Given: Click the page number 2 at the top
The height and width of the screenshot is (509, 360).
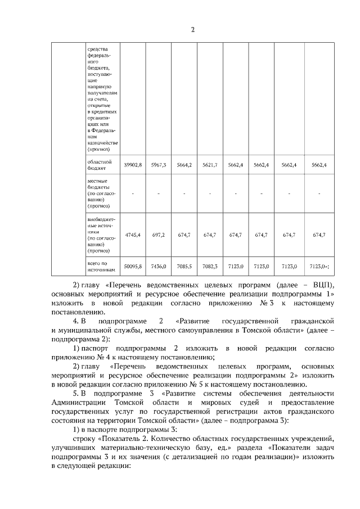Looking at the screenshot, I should (x=192, y=30).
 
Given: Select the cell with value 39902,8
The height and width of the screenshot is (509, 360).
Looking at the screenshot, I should (x=133, y=165).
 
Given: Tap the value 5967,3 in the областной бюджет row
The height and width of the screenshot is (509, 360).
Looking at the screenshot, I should (x=159, y=165).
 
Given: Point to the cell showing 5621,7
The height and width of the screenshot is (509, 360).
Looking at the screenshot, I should (x=210, y=165).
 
